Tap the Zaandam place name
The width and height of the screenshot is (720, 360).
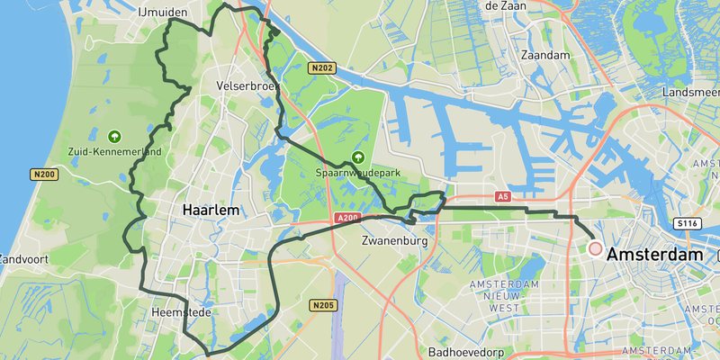point(546,55)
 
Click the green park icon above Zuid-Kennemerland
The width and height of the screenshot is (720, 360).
point(114,136)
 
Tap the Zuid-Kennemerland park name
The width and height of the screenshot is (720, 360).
point(114,152)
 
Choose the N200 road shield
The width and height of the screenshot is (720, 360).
point(44,174)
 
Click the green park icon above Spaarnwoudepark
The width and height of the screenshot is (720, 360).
point(358,157)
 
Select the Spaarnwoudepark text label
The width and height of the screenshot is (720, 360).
point(358,173)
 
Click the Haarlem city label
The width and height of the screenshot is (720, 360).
point(211,210)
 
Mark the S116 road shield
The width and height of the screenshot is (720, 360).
point(688,222)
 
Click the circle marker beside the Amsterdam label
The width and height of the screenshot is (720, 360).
point(595,248)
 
